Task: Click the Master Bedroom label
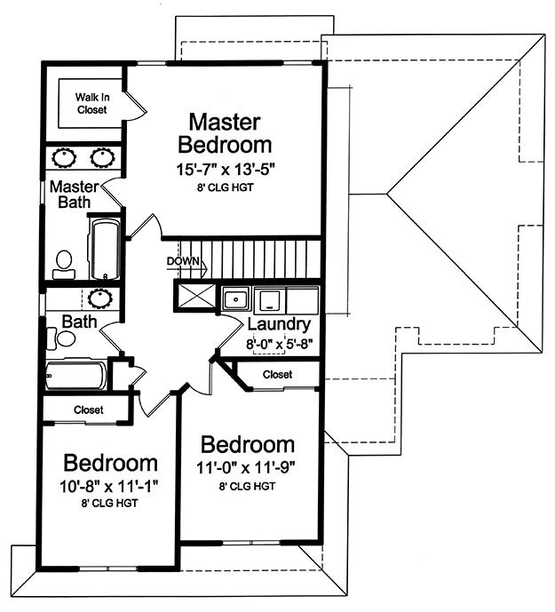(x=225, y=133)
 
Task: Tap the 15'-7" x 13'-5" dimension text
(x=226, y=170)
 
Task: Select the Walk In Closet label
(x=92, y=103)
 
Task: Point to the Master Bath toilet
(x=64, y=265)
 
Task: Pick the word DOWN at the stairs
(x=183, y=261)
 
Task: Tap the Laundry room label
(x=279, y=324)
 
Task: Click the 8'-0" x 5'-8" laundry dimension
(x=280, y=345)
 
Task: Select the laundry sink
(x=235, y=299)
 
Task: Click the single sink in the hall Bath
(x=100, y=298)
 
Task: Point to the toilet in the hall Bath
(x=61, y=338)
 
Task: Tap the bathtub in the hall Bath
(x=76, y=375)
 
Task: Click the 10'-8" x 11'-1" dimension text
(x=109, y=487)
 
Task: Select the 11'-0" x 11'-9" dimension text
(x=246, y=467)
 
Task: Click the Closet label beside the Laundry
(x=277, y=375)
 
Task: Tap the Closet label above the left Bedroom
(x=89, y=409)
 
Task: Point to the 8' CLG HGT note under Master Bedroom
(x=226, y=187)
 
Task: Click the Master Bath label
(x=75, y=195)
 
